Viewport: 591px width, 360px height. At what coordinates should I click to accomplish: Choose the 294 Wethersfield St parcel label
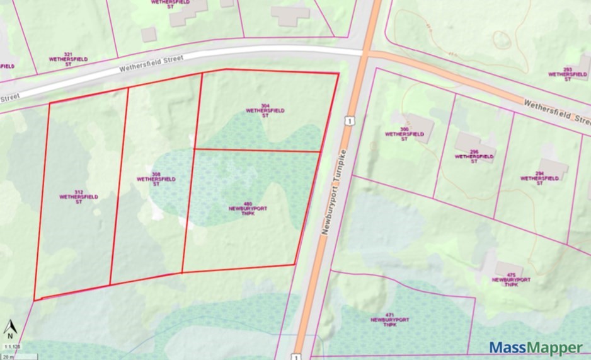pos(541,178)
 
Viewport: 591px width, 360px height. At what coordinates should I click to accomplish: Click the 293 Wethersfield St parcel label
pos(568,74)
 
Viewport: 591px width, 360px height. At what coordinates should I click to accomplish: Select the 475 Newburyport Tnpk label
pos(511,279)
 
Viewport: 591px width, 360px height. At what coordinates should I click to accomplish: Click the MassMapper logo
pos(536,347)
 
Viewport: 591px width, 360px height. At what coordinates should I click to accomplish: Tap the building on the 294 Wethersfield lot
pos(553,168)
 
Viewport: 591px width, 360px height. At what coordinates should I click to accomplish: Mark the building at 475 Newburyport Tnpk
pos(508,269)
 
